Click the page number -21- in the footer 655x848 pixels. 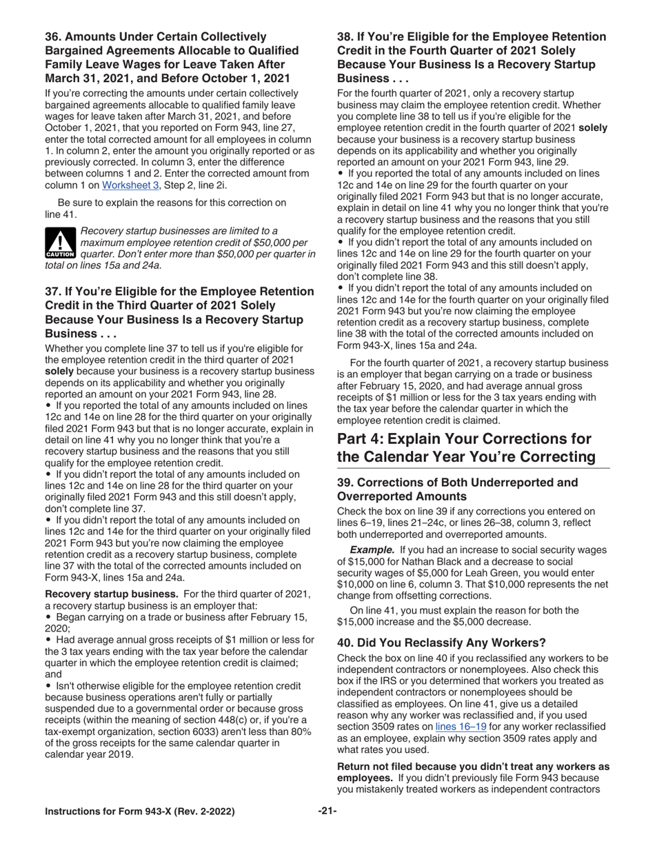point(327,811)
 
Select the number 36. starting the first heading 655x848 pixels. point(54,37)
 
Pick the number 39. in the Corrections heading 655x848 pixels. point(345,482)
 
